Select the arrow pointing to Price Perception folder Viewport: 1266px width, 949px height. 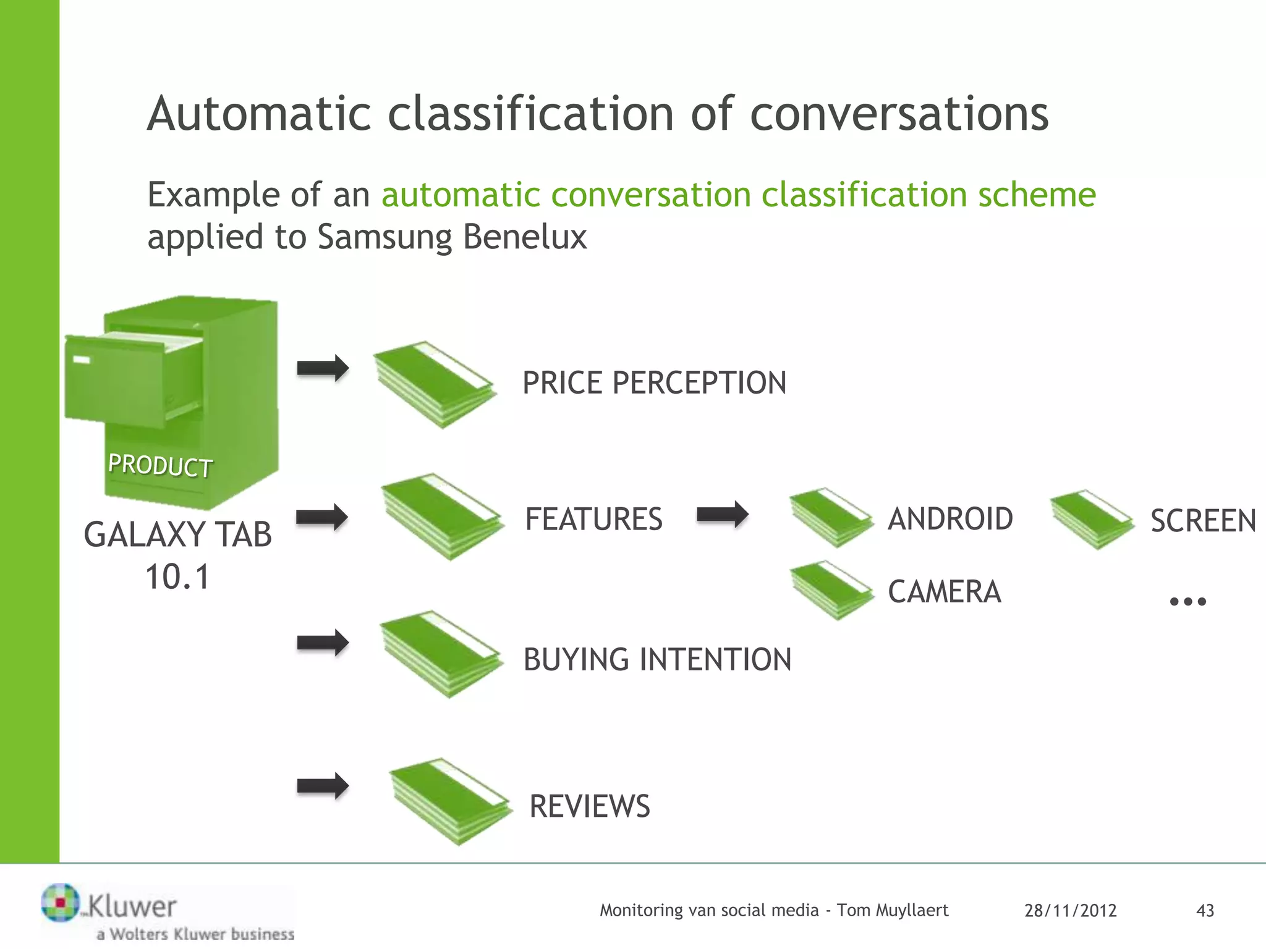click(x=323, y=369)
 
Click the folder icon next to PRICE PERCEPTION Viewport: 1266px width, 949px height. click(x=435, y=384)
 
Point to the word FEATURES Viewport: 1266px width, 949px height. click(x=593, y=519)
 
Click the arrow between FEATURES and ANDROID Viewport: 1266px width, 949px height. click(x=722, y=515)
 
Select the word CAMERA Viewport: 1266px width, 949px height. click(x=944, y=592)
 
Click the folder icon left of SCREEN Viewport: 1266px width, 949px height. click(x=1092, y=519)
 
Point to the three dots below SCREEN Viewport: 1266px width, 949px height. click(x=1187, y=601)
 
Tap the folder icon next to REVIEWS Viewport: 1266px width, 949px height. click(x=450, y=801)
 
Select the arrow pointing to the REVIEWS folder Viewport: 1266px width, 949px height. click(x=323, y=786)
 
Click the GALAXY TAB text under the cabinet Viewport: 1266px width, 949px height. click(x=178, y=535)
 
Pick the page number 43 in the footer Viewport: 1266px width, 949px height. click(x=1205, y=911)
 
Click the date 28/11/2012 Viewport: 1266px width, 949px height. click(x=1070, y=911)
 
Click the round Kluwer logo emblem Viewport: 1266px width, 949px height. click(x=61, y=903)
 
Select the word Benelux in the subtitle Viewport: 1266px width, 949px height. click(x=525, y=237)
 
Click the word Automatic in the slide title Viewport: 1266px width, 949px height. click(x=259, y=114)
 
